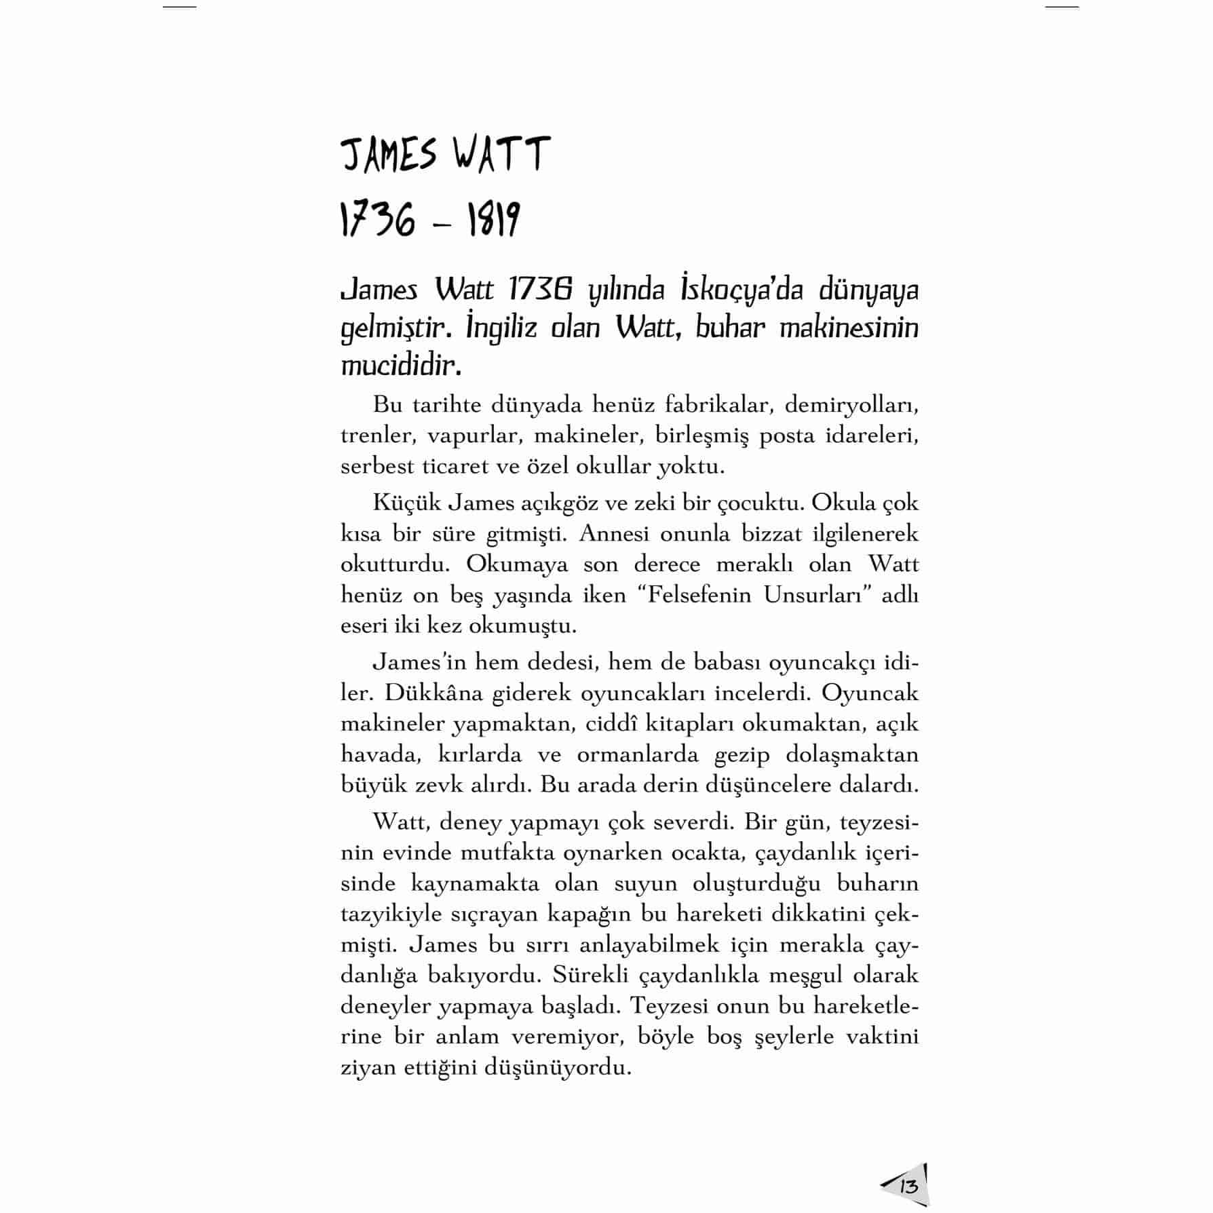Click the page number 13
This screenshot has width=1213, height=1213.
[908, 1187]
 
